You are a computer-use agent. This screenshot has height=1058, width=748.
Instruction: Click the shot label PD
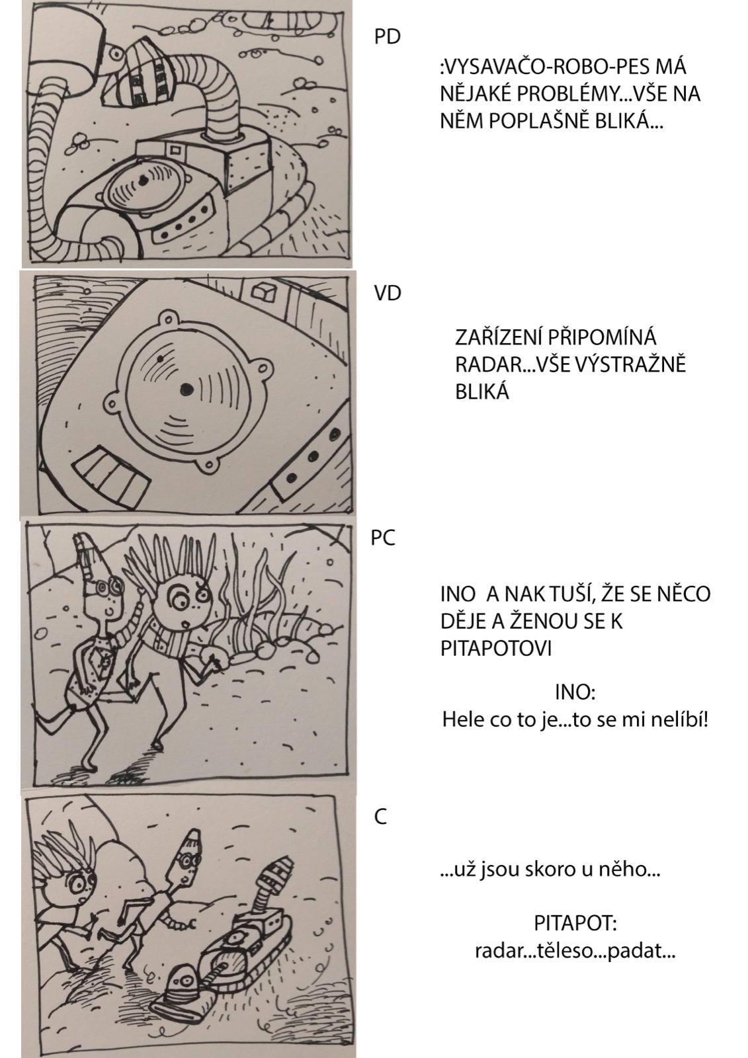pyautogui.click(x=388, y=37)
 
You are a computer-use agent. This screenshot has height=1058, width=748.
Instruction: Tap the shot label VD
pyautogui.click(x=388, y=293)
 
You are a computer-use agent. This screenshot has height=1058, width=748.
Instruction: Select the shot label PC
pyautogui.click(x=383, y=538)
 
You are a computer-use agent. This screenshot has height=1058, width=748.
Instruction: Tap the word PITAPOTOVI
pyautogui.click(x=495, y=649)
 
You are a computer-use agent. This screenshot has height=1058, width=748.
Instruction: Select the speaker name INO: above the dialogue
pyautogui.click(x=574, y=693)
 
